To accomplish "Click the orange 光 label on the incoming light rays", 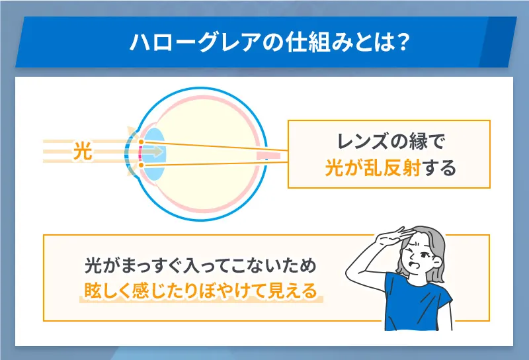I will [x=82, y=152].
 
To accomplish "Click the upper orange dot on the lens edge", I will [x=141, y=141].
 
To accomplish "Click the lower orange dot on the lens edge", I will [x=141, y=163].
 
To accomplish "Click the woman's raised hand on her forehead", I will [x=391, y=235].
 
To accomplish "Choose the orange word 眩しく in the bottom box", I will [x=106, y=291].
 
